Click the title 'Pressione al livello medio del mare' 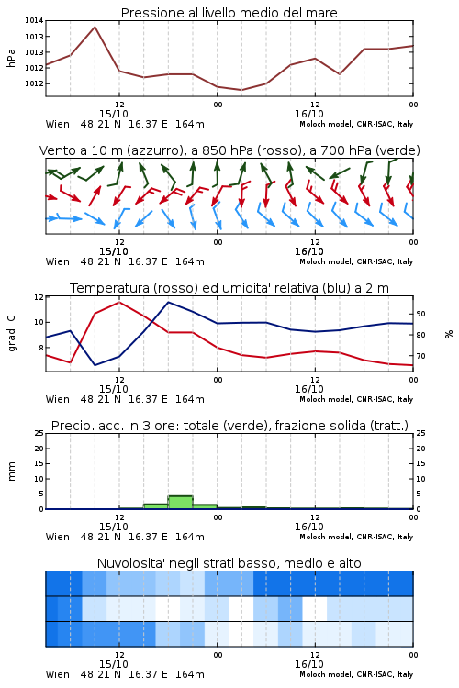[229, 13]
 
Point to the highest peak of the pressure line [95, 28]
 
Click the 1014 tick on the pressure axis [34, 20]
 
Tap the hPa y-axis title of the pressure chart [11, 58]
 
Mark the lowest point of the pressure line [241, 90]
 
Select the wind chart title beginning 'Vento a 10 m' [229, 150]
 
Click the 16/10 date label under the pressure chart [309, 114]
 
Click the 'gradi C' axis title [12, 334]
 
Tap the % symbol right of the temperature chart [449, 334]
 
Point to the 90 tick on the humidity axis [420, 314]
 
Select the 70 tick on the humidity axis [420, 356]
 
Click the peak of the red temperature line [119, 302]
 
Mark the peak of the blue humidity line [168, 302]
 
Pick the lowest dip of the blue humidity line [95, 365]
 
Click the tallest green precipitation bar [181, 503]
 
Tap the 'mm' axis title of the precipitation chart [12, 472]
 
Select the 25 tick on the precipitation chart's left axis [39, 433]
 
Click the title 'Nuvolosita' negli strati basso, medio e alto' [229, 563]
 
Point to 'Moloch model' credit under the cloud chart [326, 674]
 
